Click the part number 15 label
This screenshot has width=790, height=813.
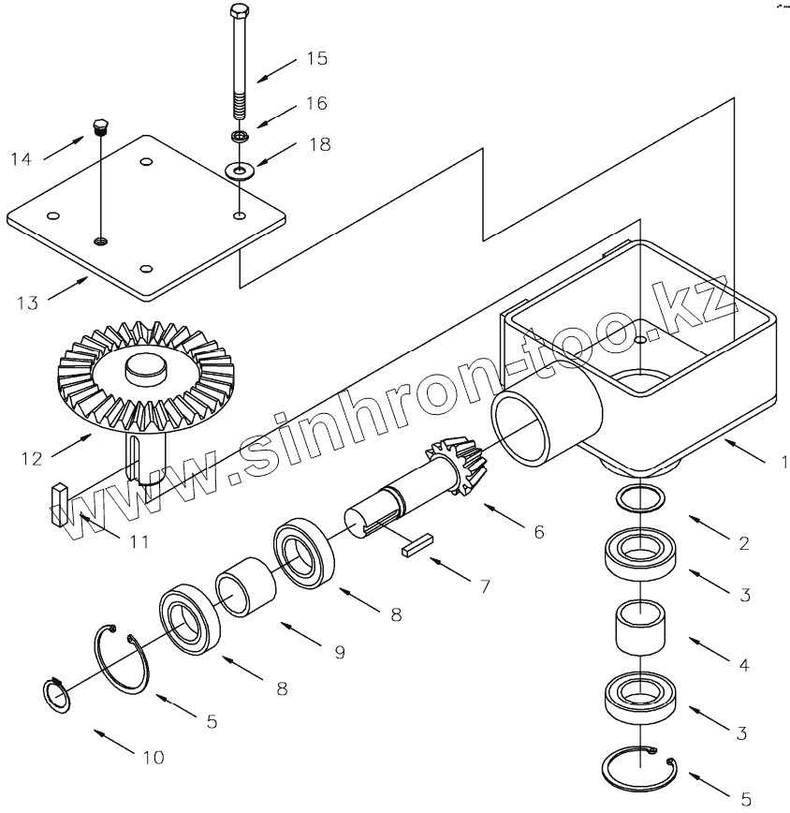(317, 58)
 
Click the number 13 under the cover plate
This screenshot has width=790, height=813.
(28, 302)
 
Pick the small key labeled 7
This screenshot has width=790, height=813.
(415, 546)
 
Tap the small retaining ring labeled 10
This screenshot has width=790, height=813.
(58, 696)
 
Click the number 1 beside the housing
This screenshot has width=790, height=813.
(784, 460)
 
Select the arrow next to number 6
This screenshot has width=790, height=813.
(503, 516)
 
